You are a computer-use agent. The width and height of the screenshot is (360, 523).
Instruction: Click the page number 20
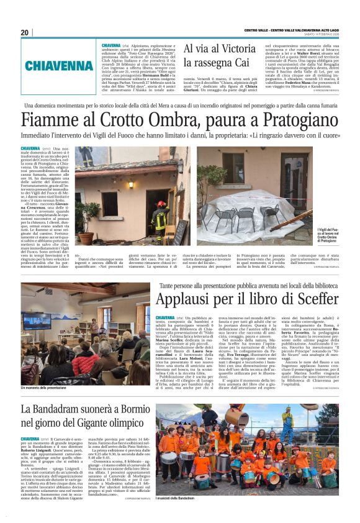pyautogui.click(x=24, y=32)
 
